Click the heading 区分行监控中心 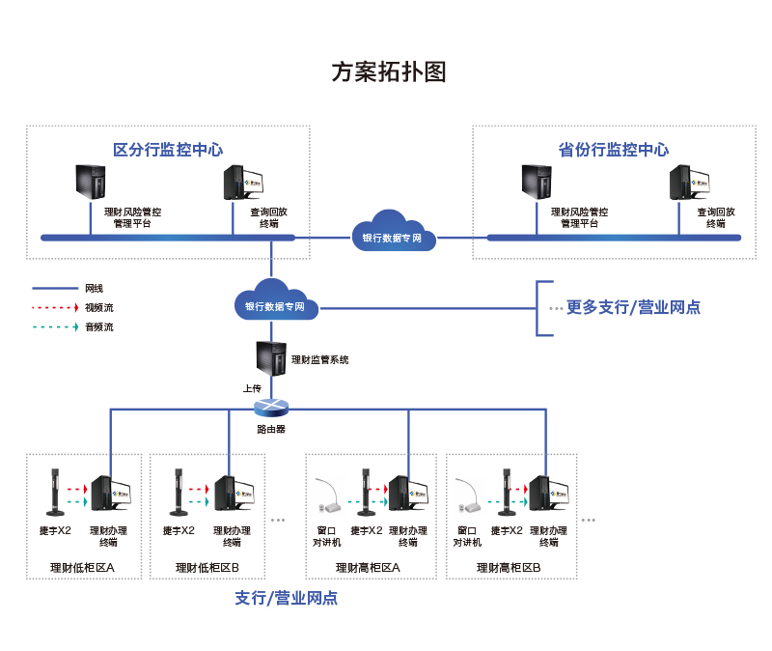click(x=168, y=150)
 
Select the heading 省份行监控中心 click(x=614, y=150)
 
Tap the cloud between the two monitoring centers click(x=391, y=232)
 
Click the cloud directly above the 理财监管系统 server click(x=275, y=301)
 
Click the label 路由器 click(x=271, y=428)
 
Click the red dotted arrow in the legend click(x=54, y=307)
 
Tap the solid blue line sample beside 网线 click(x=54, y=288)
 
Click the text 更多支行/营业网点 click(x=633, y=307)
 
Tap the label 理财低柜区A click(x=82, y=567)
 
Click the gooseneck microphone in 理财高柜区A click(x=327, y=494)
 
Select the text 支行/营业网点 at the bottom click(x=287, y=599)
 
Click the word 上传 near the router click(x=252, y=387)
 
